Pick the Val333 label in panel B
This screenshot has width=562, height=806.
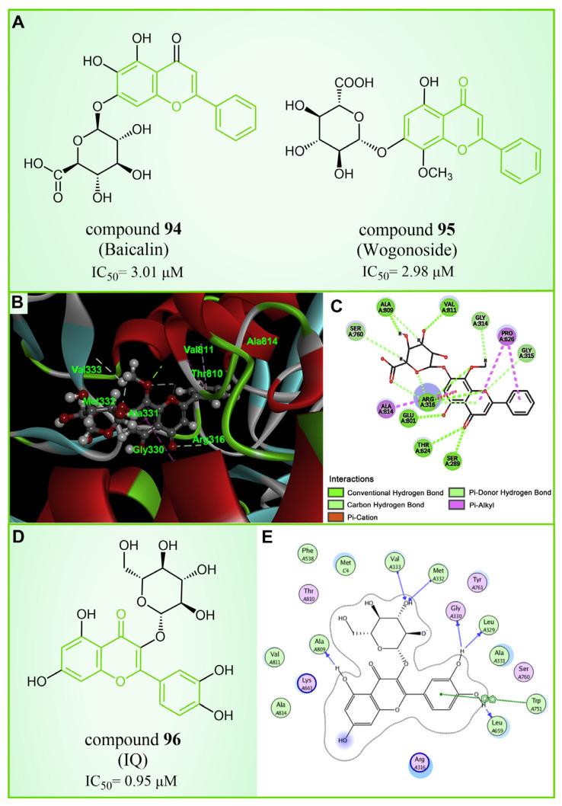click(x=87, y=370)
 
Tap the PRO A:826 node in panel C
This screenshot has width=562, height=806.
click(x=507, y=335)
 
